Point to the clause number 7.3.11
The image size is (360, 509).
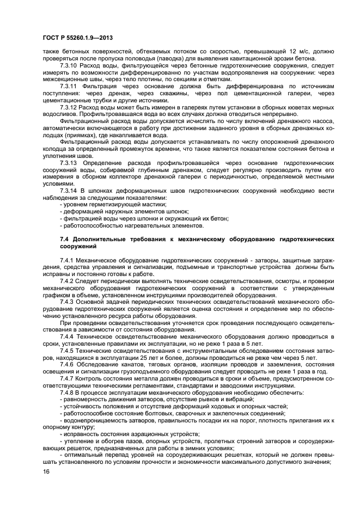tap(69, 87)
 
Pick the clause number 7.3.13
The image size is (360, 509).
tap(69, 163)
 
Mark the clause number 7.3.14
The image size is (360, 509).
tap(69, 191)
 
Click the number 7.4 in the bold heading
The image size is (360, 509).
tap(64, 240)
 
